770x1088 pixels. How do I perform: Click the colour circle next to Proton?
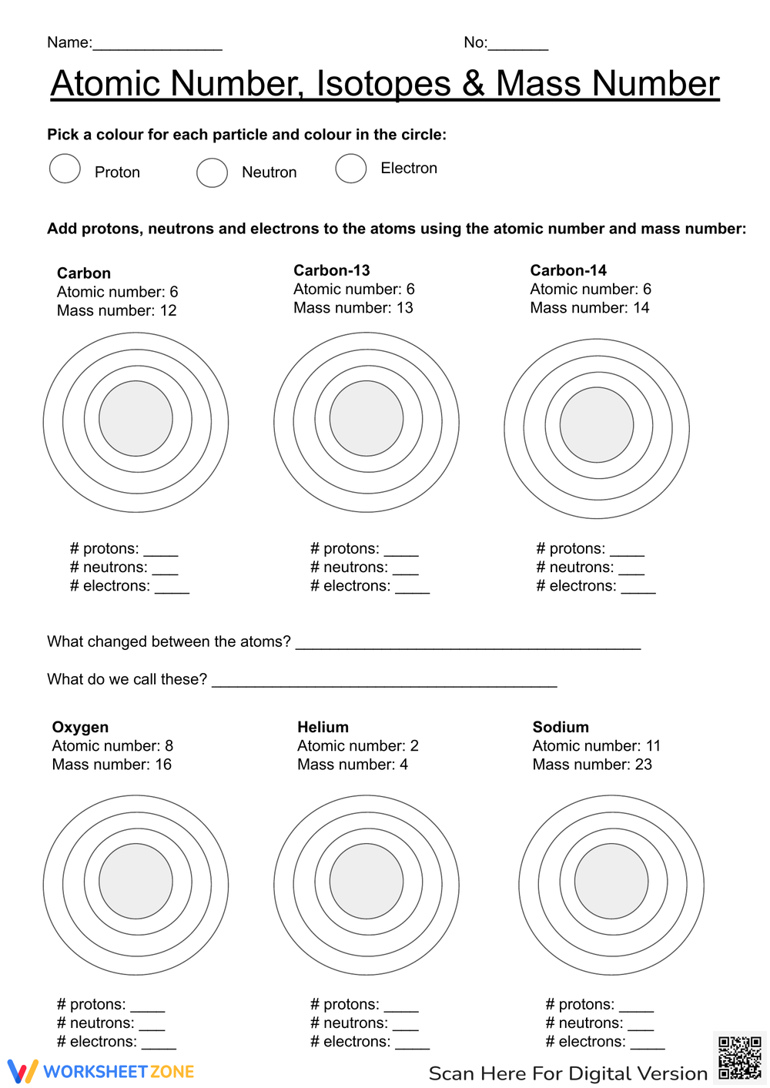[x=65, y=169]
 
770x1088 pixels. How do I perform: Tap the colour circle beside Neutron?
[x=212, y=172]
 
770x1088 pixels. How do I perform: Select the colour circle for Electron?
[x=350, y=169]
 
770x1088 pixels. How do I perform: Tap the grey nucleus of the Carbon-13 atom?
[x=367, y=419]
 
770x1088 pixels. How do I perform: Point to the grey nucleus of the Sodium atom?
[x=611, y=881]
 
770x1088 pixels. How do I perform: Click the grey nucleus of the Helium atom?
[x=367, y=881]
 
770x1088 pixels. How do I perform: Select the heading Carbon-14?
[x=568, y=270]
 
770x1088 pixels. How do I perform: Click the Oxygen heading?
[x=80, y=727]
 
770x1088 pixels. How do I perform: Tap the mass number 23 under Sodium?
[x=643, y=765]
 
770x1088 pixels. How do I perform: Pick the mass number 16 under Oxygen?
[x=163, y=765]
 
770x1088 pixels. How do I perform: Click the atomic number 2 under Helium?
[x=414, y=746]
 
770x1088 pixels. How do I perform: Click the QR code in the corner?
[x=739, y=1058]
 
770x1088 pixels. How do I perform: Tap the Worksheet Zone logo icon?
[x=22, y=1071]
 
